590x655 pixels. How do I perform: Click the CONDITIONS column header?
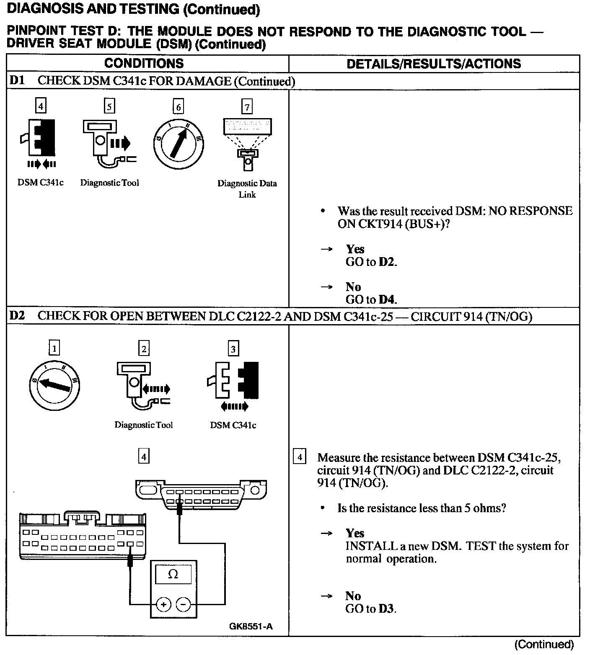[144, 63]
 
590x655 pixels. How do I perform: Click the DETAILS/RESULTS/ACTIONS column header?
[434, 64]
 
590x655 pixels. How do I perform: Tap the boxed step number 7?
[247, 107]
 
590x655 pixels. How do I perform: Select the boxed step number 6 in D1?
[178, 107]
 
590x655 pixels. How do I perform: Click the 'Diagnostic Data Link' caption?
[247, 188]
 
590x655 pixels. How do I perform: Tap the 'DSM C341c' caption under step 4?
[40, 183]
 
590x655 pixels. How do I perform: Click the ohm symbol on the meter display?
[173, 574]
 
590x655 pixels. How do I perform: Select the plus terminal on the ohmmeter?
[163, 605]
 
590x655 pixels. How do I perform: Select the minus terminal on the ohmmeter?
[183, 605]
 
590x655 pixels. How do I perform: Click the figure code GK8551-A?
[251, 627]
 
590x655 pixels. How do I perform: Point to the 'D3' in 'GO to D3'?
[386, 609]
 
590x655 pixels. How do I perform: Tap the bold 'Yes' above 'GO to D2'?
[355, 249]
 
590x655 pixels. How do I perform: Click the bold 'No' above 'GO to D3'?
[353, 596]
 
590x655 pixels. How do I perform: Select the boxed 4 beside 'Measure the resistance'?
[299, 457]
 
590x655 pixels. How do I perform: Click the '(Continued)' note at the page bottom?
[543, 644]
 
